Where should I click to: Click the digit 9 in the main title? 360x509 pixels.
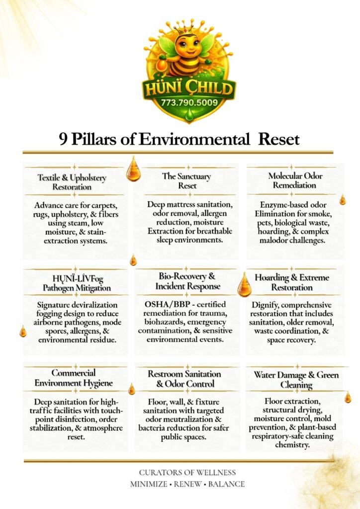tap(63, 139)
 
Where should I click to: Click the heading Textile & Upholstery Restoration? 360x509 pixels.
tap(72, 182)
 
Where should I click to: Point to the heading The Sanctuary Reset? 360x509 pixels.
tap(186, 181)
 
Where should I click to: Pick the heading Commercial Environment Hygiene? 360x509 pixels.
tap(74, 378)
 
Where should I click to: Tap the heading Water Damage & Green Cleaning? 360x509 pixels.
tap(296, 379)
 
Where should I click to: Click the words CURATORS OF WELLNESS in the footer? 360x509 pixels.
tap(187, 472)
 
